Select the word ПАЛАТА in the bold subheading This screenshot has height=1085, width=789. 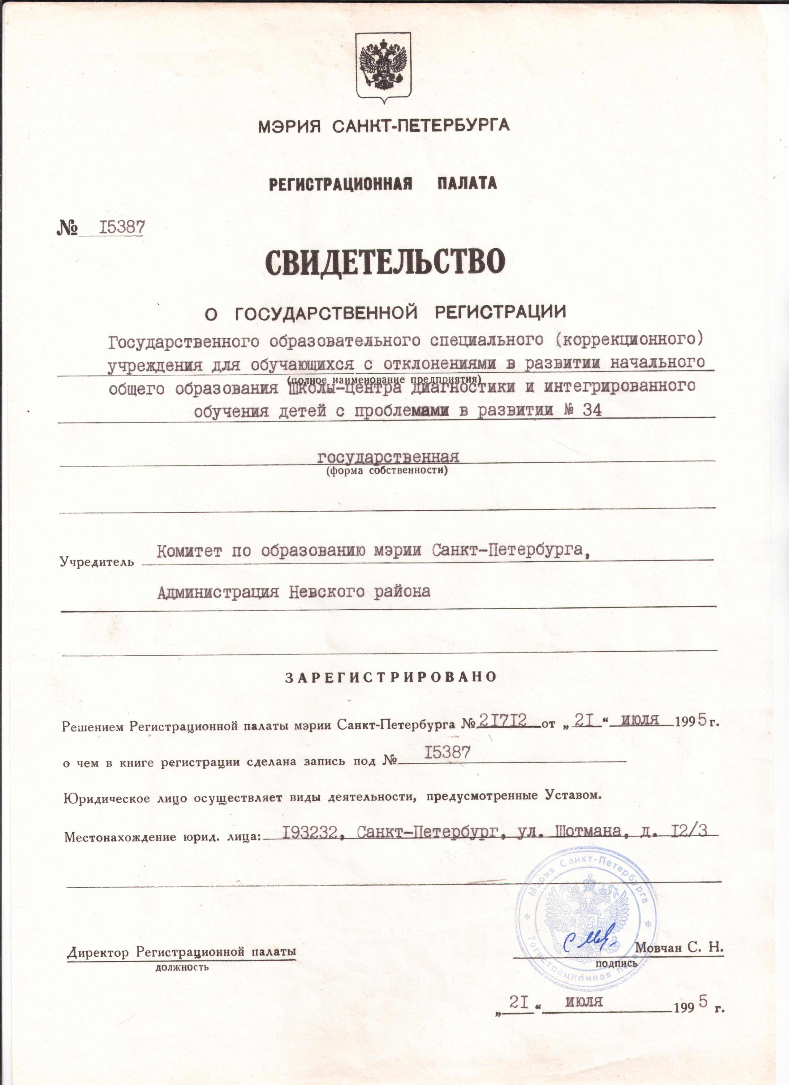pyautogui.click(x=467, y=183)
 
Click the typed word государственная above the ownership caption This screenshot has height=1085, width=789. pyautogui.click(x=388, y=457)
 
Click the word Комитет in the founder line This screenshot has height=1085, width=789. pyautogui.click(x=189, y=551)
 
